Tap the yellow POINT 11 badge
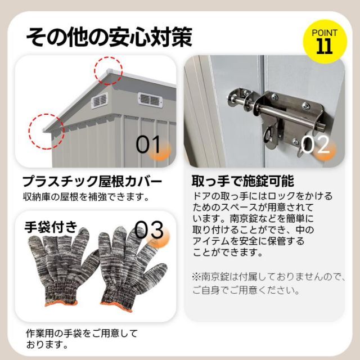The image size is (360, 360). pos(323,41)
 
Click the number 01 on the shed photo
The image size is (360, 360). pos(149,145)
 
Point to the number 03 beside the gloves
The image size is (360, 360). pos(149,230)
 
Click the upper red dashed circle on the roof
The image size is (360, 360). pos(108,70)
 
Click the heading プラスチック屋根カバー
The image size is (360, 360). pos(93,182)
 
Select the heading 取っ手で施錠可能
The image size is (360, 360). pos(242,182)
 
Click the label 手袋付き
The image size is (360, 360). pos(50,227)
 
